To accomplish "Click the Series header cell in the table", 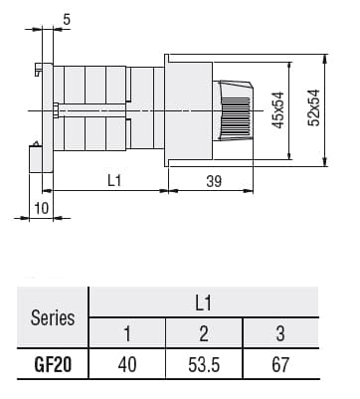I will pyautogui.click(x=53, y=318).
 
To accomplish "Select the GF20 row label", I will pyautogui.click(x=53, y=364).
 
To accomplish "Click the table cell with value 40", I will pyautogui.click(x=126, y=364).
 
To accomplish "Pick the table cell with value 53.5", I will pyautogui.click(x=203, y=364).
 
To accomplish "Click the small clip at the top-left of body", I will pyautogui.click(x=37, y=70).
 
